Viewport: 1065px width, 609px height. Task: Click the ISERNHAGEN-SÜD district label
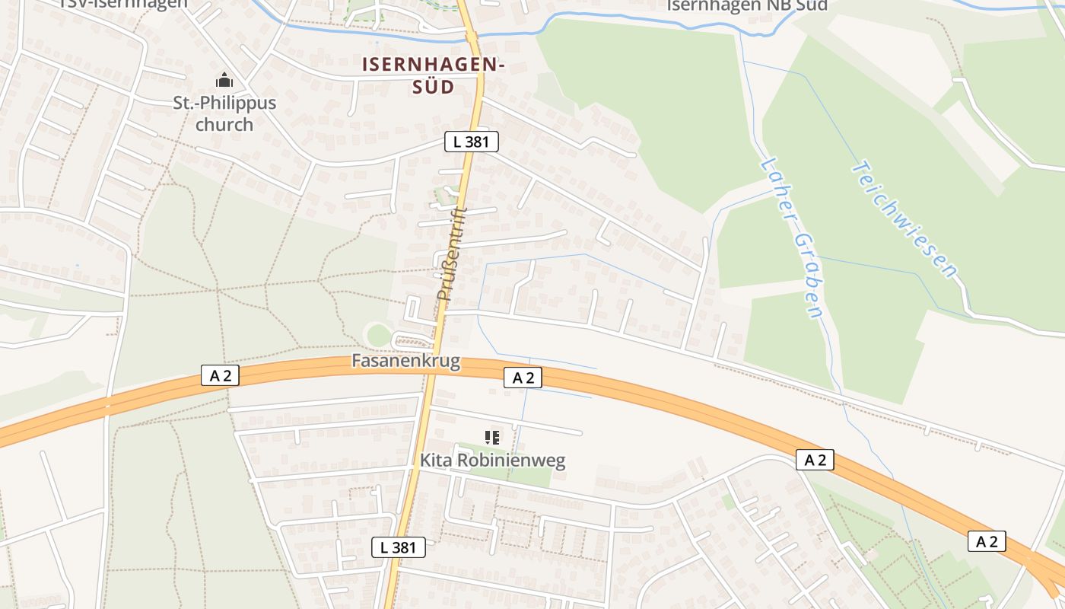pos(434,75)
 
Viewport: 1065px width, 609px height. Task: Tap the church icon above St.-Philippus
pos(224,80)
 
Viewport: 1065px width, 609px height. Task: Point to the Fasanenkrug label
pos(406,361)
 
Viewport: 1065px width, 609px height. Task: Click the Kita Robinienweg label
pos(493,461)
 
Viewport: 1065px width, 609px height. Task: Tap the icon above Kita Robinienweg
pos(492,438)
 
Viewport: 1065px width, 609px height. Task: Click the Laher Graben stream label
pos(792,238)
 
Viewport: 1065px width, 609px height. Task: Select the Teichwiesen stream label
pos(904,219)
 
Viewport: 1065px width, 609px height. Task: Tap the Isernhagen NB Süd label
pos(746,5)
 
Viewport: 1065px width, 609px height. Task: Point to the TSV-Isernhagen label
pos(124,3)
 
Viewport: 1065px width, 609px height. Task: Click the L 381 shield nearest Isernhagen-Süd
pos(472,141)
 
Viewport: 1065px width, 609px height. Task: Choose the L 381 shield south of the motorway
pos(398,547)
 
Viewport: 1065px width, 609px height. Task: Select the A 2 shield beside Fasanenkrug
pos(523,378)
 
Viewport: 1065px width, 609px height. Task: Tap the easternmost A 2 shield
pos(987,541)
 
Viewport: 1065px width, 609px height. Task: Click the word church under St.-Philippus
pos(224,124)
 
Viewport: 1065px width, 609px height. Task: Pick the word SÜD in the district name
pos(434,87)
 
